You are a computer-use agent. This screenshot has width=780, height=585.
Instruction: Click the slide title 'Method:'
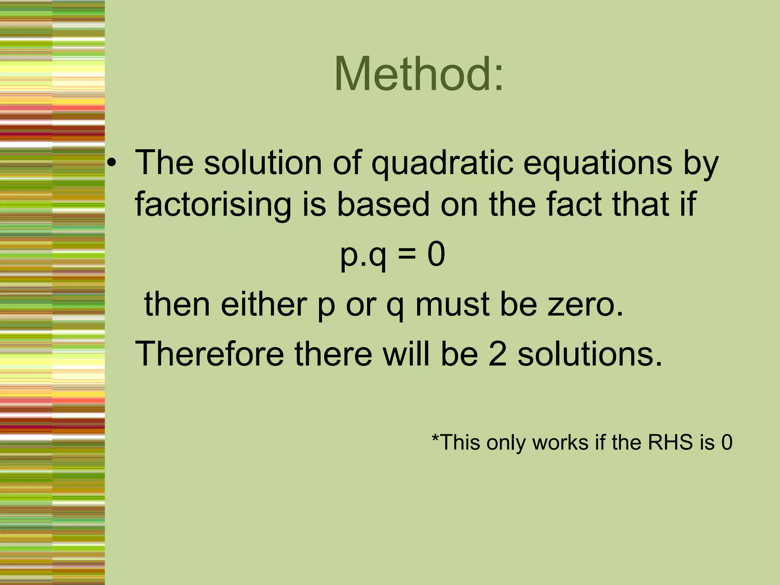pyautogui.click(x=419, y=74)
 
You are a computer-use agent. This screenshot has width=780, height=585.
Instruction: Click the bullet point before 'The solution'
pyautogui.click(x=111, y=163)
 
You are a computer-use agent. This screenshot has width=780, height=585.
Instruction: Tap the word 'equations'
pyautogui.click(x=598, y=163)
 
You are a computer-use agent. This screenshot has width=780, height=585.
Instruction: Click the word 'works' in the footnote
pyautogui.click(x=560, y=443)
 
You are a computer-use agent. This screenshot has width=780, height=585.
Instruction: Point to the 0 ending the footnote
pyautogui.click(x=727, y=443)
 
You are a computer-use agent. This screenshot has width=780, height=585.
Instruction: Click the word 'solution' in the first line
pyautogui.click(x=263, y=163)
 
